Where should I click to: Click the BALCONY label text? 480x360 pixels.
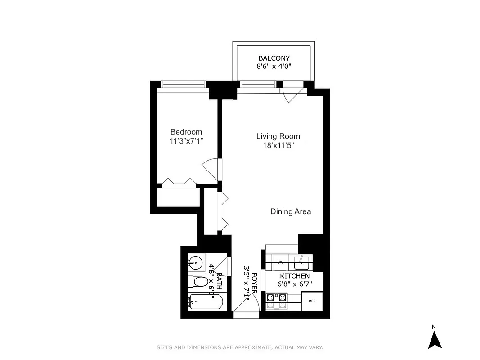pos(274,58)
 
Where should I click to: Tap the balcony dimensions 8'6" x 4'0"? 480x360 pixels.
pos(274,67)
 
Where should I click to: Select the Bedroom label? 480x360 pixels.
pos(186,132)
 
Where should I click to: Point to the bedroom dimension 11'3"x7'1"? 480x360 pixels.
pos(186,140)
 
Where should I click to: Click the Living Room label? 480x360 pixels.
pos(278,136)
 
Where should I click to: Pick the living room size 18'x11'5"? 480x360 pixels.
pos(278,145)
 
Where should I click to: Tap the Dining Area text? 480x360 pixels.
pos(290,211)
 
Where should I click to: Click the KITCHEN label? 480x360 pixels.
pos(295,276)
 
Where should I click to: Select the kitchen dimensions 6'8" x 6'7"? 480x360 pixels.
pos(295,284)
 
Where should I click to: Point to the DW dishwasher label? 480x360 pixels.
pos(280,262)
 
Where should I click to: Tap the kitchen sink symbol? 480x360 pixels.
pos(301,261)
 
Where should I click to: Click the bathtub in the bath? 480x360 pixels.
pos(205,301)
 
